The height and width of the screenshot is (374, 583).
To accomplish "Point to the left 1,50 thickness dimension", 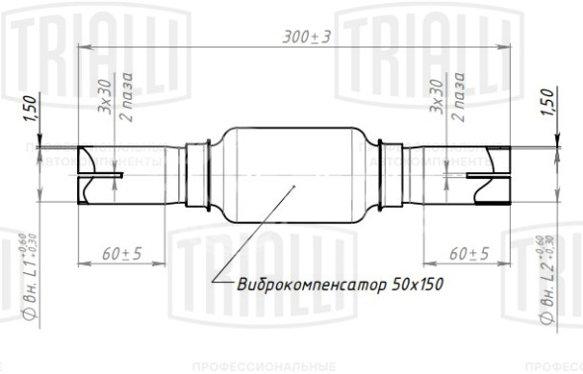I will (29, 104).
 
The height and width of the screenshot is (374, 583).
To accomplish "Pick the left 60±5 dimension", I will (122, 253).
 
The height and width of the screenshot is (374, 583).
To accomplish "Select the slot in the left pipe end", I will (100, 177).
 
